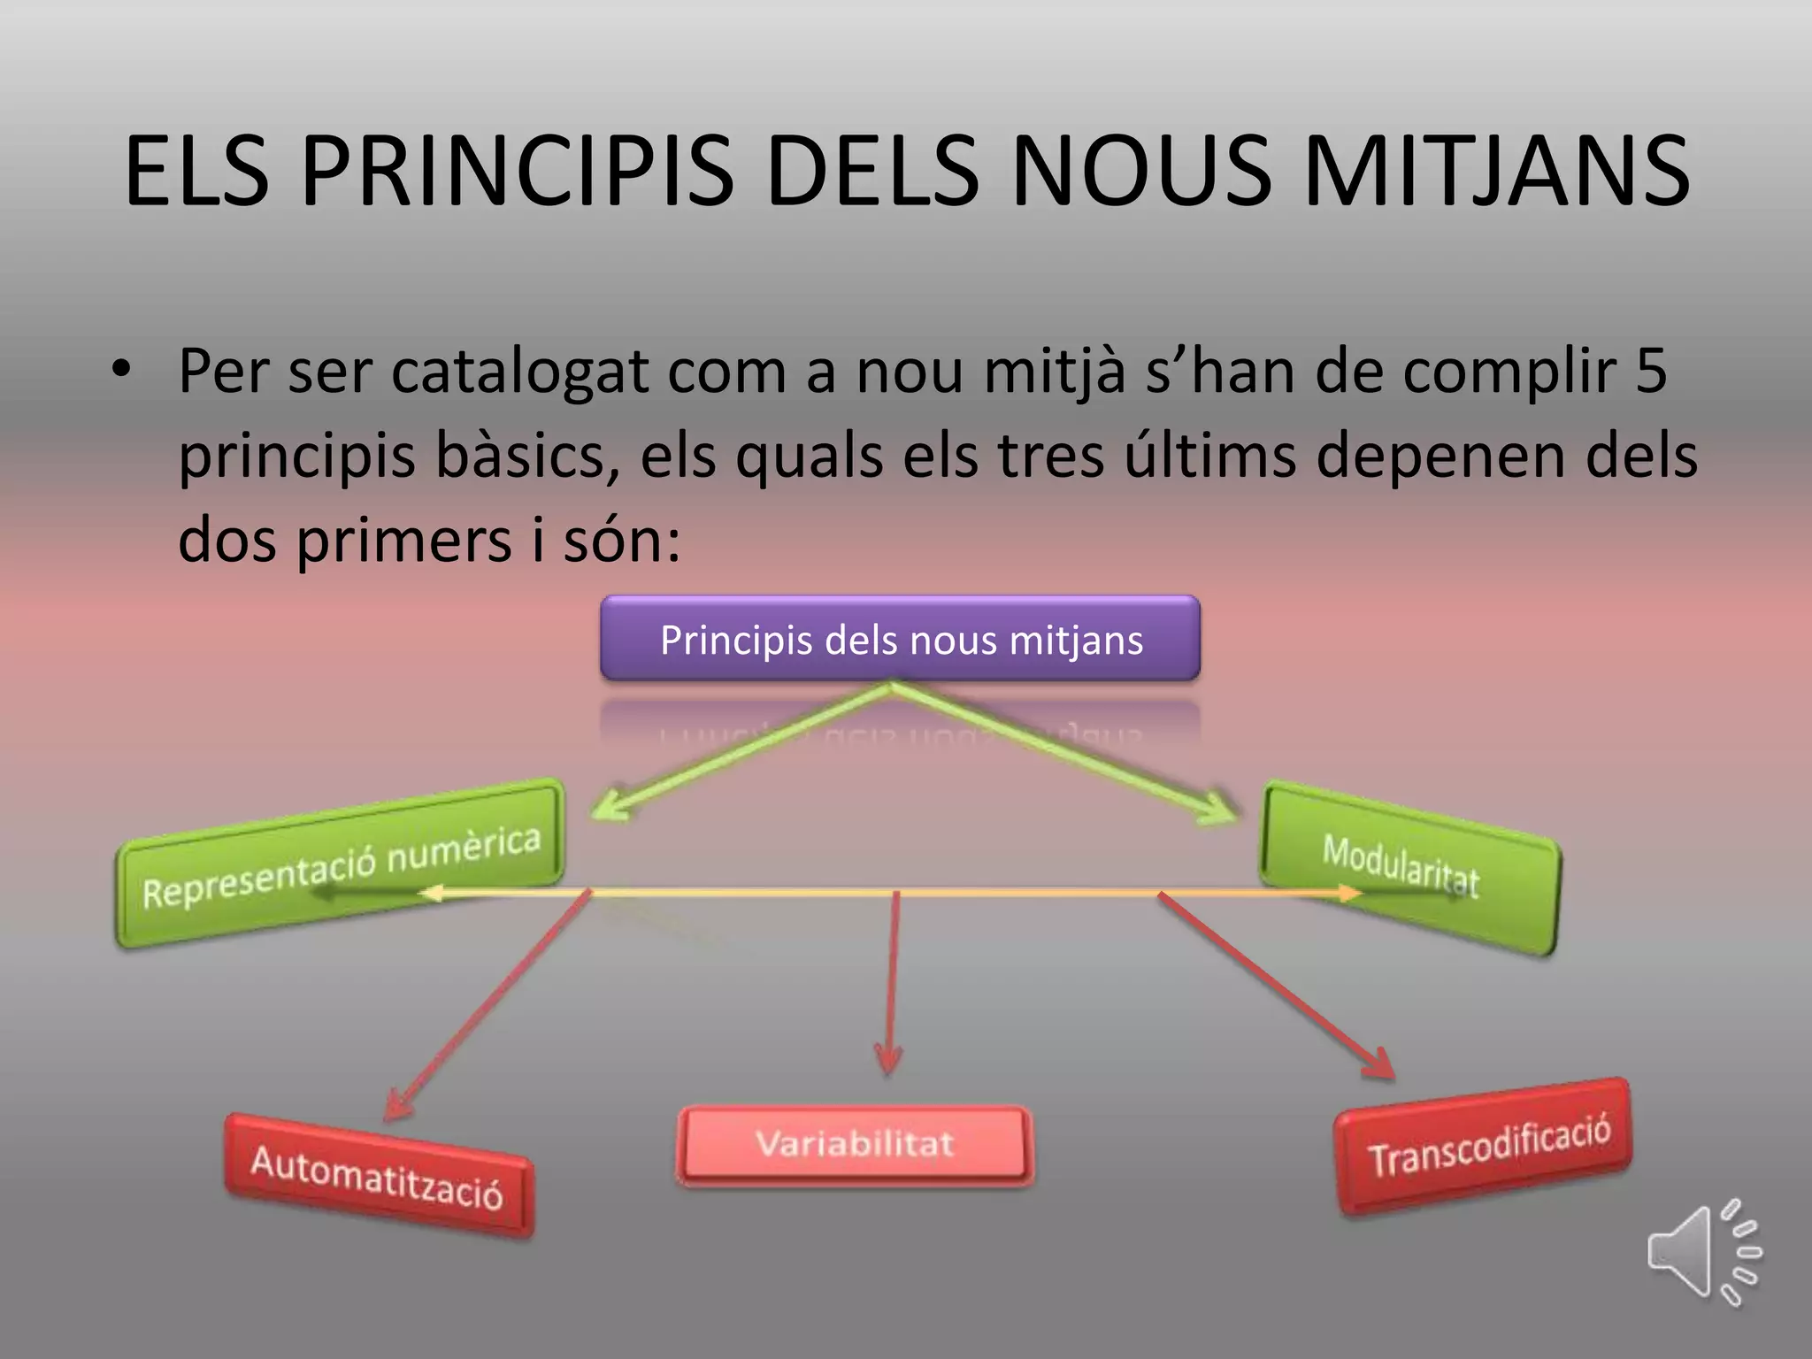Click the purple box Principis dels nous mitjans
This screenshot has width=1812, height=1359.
tap(901, 639)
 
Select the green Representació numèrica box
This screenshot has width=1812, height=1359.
tap(340, 865)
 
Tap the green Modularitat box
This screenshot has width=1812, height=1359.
tap(1409, 867)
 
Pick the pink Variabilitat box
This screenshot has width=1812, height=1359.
tap(855, 1144)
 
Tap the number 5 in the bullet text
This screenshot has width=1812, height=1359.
tap(1650, 372)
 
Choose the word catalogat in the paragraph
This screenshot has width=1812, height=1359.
tap(520, 372)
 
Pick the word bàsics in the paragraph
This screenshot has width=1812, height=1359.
tap(526, 457)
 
